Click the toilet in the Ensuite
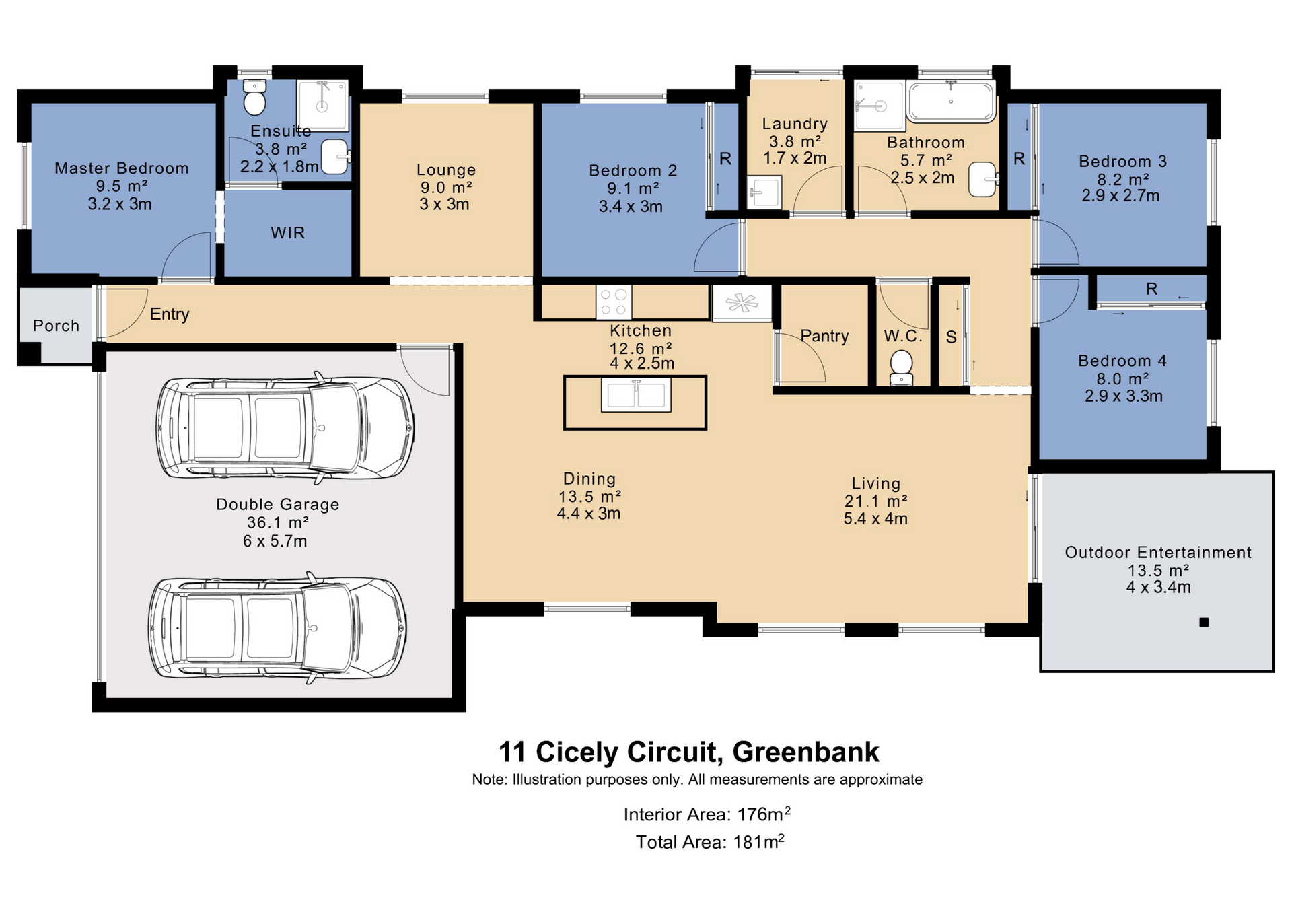255,98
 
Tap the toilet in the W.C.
901,369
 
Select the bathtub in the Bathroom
951,102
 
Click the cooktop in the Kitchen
614,302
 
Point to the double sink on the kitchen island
636,394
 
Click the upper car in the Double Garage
285,428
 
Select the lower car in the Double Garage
277,628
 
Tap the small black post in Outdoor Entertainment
1205,623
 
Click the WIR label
288,233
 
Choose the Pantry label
824,336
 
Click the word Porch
57,326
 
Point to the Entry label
170,314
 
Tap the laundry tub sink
764,192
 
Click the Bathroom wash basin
983,179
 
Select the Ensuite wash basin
335,157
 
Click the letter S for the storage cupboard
951,337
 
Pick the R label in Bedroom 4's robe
1152,289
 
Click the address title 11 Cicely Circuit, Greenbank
688,752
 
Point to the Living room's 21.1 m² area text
876,501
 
